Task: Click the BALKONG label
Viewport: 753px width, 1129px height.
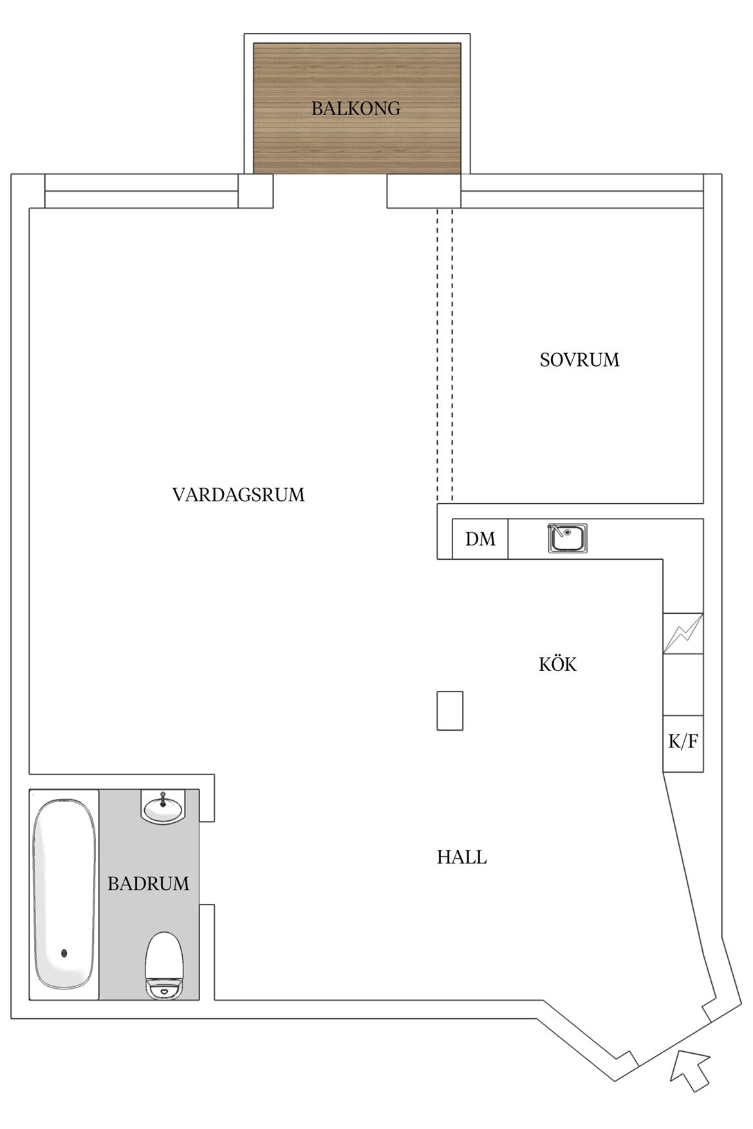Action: tap(356, 108)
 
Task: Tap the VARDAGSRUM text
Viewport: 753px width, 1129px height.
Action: tap(238, 495)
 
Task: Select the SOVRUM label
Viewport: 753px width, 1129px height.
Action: tap(579, 360)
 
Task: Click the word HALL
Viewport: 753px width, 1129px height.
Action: tap(461, 857)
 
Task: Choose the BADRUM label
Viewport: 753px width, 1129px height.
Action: tap(148, 883)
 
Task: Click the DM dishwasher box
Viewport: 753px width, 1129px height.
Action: tap(480, 538)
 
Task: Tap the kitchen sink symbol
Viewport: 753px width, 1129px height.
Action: tap(567, 538)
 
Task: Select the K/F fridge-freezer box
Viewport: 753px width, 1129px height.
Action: tap(683, 743)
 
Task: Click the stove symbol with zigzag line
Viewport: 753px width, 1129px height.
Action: tap(683, 634)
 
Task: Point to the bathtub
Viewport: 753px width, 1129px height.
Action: tap(64, 894)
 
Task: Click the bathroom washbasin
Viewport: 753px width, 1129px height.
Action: tap(163, 807)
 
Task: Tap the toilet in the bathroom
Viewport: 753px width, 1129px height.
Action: tap(165, 966)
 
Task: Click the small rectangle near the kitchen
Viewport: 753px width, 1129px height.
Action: tap(450, 711)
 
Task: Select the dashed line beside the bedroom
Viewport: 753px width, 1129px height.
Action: tap(445, 354)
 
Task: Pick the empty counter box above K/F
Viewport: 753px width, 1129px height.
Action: tap(683, 684)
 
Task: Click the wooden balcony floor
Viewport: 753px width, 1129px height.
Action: tap(357, 108)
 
